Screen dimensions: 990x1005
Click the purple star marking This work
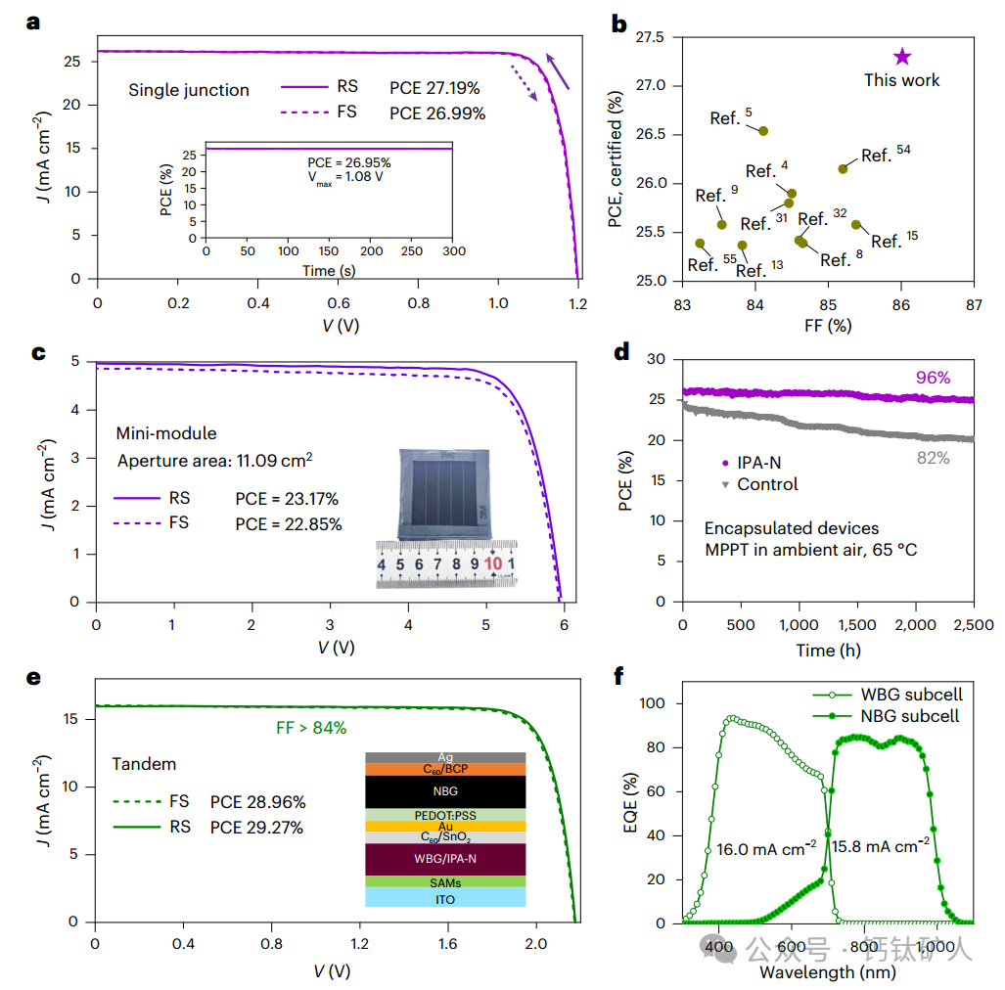coord(901,58)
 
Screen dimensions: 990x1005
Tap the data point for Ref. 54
coord(843,169)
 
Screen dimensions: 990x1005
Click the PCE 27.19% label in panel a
coord(434,89)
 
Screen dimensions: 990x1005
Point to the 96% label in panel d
coord(933,378)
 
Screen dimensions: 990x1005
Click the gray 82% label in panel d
coord(934,458)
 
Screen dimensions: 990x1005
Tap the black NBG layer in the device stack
coord(445,790)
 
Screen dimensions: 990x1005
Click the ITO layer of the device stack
coord(445,897)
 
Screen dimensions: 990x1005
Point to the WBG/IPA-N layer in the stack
coord(445,859)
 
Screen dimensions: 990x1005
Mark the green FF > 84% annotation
coord(311,728)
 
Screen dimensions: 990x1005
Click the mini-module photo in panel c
coord(437,493)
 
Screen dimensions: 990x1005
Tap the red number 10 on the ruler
coord(493,564)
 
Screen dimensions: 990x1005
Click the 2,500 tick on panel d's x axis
coord(973,625)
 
